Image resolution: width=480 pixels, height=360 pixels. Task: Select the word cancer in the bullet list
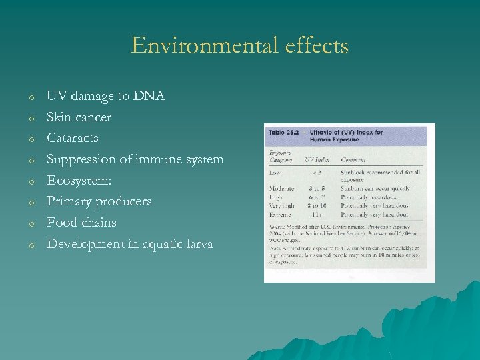click(x=93, y=117)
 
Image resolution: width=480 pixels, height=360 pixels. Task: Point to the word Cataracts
click(x=72, y=138)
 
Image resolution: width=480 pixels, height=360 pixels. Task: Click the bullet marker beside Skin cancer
click(x=31, y=118)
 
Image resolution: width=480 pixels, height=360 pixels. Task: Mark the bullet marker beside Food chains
click(x=31, y=223)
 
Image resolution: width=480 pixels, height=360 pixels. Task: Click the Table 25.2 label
click(x=283, y=133)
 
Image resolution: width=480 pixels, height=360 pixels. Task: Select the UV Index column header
click(x=317, y=160)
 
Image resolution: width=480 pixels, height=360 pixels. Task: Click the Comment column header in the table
click(x=353, y=160)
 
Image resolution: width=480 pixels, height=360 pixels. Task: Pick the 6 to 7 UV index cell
click(x=317, y=198)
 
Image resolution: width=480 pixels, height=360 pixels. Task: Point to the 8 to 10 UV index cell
click(x=317, y=206)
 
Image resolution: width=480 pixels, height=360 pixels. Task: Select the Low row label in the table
click(x=275, y=172)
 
